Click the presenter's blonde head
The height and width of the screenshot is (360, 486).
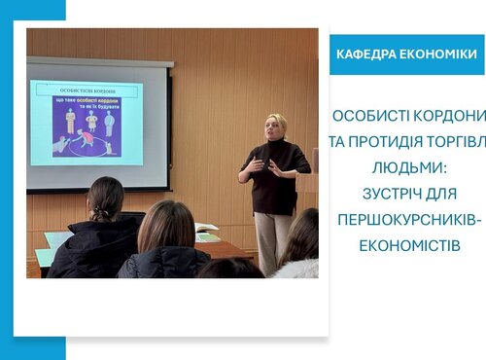pyautogui.click(x=276, y=126)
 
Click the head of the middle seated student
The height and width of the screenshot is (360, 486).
pyautogui.click(x=167, y=226)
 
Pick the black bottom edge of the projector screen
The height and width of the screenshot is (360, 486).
pyautogui.click(x=98, y=190)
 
